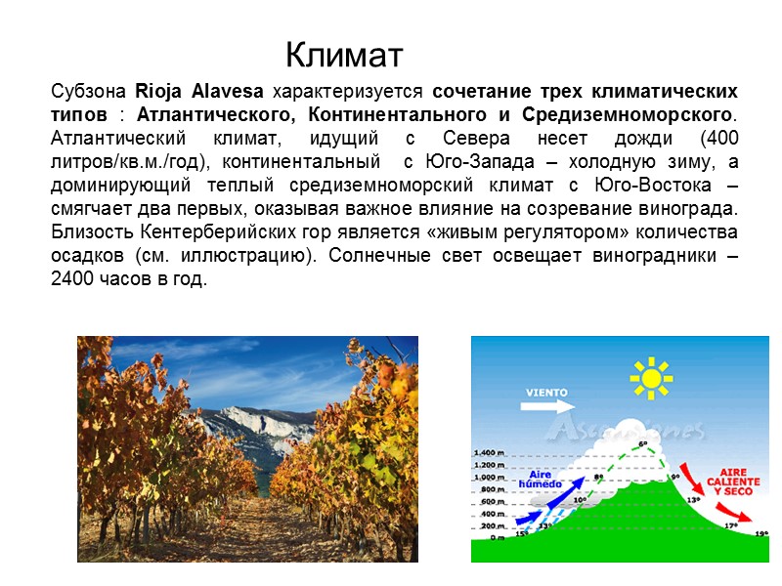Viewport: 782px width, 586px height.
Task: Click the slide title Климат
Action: [x=344, y=52]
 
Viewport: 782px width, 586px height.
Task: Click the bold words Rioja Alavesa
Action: [x=199, y=93]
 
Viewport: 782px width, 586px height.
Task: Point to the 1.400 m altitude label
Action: [x=489, y=453]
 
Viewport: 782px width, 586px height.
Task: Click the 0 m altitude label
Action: [x=497, y=538]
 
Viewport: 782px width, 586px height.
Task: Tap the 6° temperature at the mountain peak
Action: [x=643, y=445]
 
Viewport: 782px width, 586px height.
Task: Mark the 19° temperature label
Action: [x=760, y=534]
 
